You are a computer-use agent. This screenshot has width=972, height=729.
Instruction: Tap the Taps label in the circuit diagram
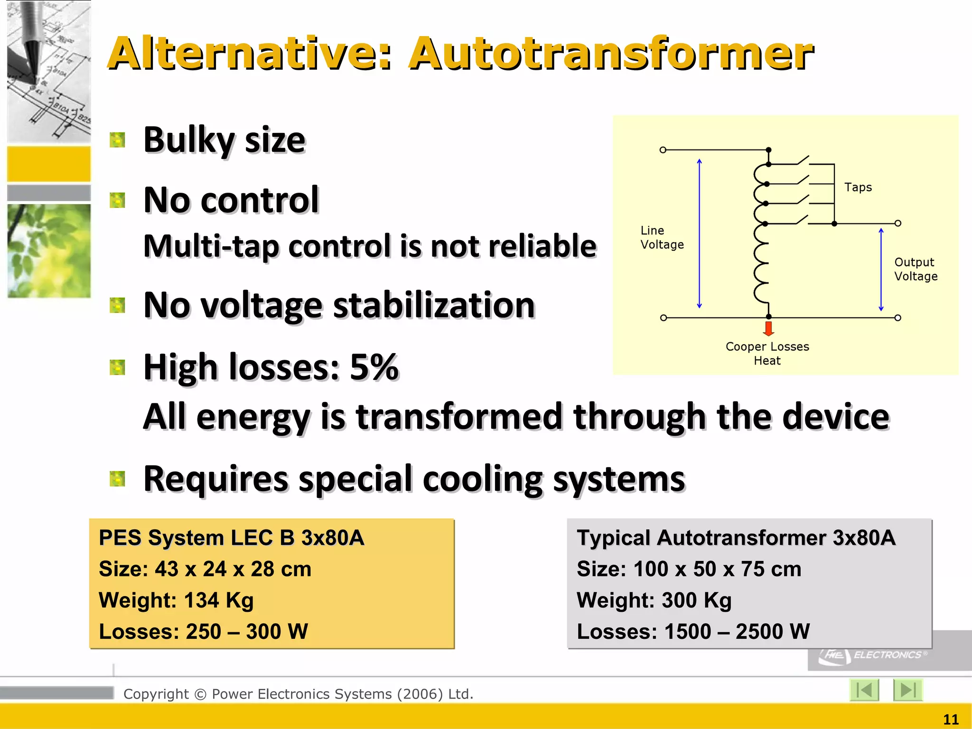(858, 187)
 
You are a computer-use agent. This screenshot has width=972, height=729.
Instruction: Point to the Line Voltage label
(662, 237)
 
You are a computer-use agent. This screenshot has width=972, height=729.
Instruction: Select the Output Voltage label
(916, 269)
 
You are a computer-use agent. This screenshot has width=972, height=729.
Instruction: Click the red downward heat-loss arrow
(769, 328)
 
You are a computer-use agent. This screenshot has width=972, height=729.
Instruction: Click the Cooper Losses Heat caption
(767, 354)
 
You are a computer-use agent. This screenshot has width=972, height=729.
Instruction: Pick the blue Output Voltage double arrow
(881, 269)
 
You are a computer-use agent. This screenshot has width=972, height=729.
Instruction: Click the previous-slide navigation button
(864, 690)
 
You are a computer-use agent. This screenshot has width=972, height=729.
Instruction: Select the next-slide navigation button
(907, 690)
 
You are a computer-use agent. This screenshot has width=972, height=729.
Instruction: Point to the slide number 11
(951, 720)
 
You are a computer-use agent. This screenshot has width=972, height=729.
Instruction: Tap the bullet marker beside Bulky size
(117, 140)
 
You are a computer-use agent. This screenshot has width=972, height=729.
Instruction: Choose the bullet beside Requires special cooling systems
(117, 479)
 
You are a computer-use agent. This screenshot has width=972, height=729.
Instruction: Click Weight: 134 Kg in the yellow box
(176, 600)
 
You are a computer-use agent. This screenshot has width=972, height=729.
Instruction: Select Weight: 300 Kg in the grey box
(654, 600)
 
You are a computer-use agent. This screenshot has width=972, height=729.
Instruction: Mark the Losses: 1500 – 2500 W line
(693, 632)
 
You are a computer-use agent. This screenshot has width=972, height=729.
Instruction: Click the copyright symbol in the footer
(200, 694)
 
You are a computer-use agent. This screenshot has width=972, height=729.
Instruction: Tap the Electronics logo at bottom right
(873, 655)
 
